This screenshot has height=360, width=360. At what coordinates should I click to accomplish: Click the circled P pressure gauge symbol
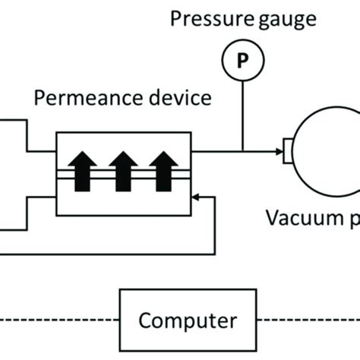tap(242, 60)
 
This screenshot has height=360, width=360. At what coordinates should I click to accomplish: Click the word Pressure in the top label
tap(203, 19)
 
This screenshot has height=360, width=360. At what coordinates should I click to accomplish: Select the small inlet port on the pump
tap(287, 151)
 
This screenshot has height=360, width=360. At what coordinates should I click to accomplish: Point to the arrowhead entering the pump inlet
tap(277, 151)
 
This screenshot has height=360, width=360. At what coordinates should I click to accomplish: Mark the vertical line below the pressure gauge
tap(242, 114)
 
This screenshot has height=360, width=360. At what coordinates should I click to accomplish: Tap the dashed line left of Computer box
tap(61, 319)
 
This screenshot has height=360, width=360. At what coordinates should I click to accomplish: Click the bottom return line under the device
tap(114, 253)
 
